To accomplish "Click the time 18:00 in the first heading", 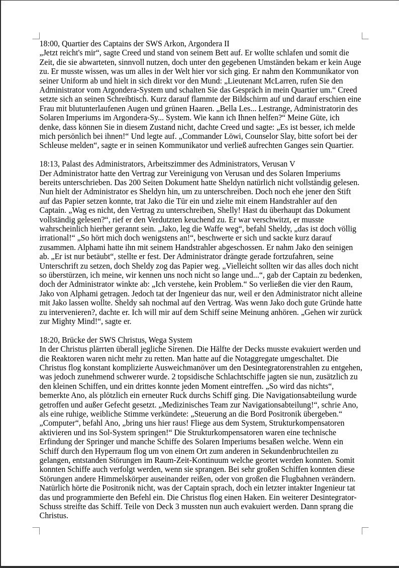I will coord(49,44).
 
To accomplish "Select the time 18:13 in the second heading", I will coord(49,164).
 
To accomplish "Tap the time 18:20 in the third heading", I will coord(49,340).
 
